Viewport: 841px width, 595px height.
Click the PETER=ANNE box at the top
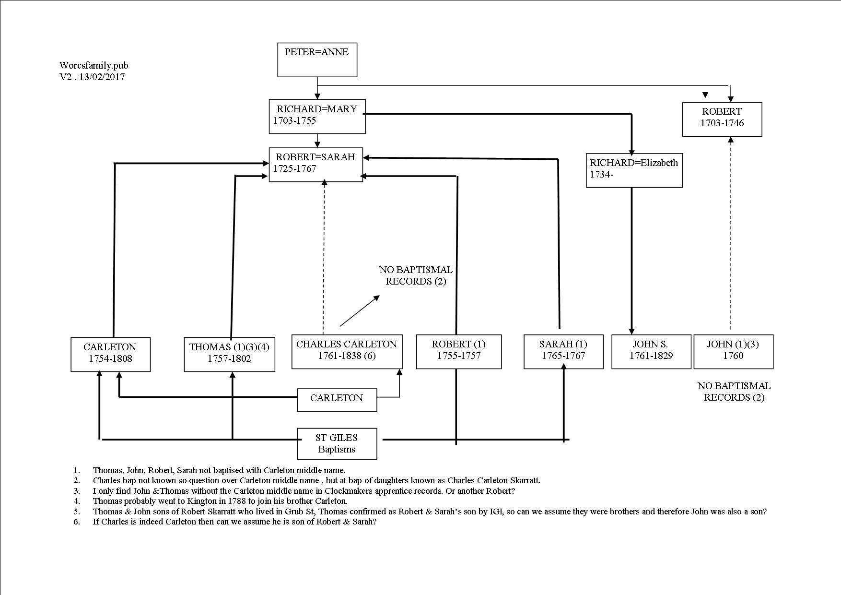317,60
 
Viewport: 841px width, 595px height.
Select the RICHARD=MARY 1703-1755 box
317,117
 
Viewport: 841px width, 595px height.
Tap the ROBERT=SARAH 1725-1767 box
316,165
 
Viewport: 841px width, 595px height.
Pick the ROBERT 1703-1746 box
722,119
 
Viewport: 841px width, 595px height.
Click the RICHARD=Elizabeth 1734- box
634,170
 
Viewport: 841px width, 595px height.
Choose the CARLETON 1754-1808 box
110,355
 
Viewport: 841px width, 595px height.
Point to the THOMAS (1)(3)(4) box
230,355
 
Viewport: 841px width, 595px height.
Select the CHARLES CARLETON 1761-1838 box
347,352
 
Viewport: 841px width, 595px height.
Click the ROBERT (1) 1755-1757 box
459,352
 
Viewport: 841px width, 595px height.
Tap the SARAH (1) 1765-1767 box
563,352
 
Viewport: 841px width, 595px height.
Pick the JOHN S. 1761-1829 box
651,352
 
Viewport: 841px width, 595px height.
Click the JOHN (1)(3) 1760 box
734,352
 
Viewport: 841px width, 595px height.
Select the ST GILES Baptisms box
337,444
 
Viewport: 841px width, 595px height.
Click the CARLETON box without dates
337,400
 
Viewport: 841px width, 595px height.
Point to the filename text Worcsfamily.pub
94,66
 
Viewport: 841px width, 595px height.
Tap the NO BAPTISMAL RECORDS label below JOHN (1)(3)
734,392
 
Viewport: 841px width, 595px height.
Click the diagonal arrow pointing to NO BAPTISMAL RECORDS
360,311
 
